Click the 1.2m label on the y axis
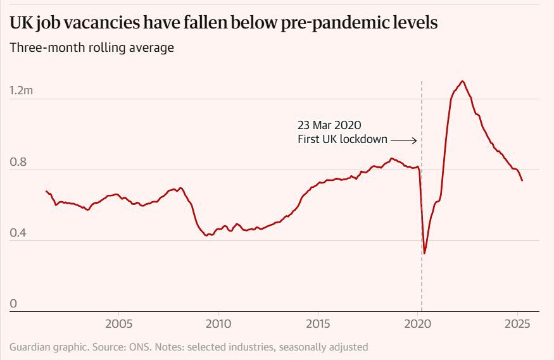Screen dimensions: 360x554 pyautogui.click(x=21, y=91)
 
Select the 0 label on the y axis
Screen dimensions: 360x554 pyautogui.click(x=13, y=304)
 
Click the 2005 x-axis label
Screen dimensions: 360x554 pyautogui.click(x=118, y=324)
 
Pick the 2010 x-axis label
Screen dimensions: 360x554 pyautogui.click(x=218, y=324)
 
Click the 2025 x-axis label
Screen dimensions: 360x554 pyautogui.click(x=517, y=324)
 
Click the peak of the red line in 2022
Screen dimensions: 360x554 pyautogui.click(x=463, y=81)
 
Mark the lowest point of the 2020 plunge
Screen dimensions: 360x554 pyautogui.click(x=424, y=253)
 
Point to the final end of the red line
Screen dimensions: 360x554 pyautogui.click(x=522, y=181)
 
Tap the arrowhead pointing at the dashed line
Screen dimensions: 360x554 pyautogui.click(x=415, y=140)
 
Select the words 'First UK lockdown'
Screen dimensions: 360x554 pyautogui.click(x=342, y=139)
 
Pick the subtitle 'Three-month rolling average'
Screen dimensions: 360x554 pyautogui.click(x=91, y=47)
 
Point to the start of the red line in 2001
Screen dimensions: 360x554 pyautogui.click(x=46, y=191)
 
